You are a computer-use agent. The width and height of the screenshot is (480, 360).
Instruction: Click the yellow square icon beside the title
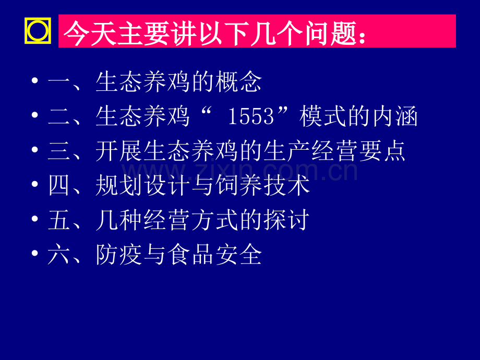[x=38, y=32]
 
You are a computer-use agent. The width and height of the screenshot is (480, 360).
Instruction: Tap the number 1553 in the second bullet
[x=251, y=117]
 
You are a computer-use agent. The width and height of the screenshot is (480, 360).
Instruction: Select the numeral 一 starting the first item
[x=58, y=82]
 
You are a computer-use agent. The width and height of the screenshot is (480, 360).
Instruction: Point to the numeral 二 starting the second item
[x=58, y=117]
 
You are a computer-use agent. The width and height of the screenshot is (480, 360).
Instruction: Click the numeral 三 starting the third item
[x=58, y=151]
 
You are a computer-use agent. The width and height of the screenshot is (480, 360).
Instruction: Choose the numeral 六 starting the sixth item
[x=58, y=255]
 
